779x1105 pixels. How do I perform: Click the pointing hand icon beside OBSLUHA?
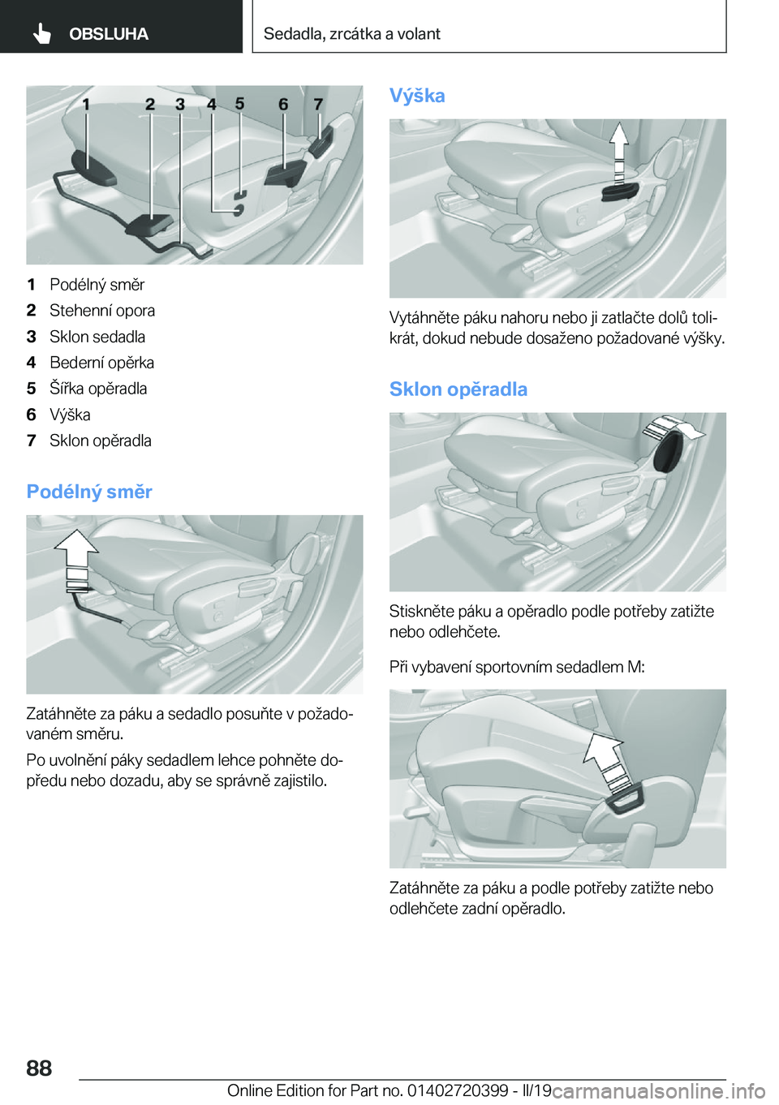(42, 33)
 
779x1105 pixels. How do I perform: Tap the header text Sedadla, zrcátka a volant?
(351, 34)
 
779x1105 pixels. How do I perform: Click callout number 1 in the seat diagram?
(86, 105)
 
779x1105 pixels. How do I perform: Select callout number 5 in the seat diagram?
(239, 103)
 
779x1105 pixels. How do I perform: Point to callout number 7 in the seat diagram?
(318, 105)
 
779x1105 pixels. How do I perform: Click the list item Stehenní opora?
(102, 311)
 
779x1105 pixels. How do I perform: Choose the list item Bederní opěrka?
(101, 363)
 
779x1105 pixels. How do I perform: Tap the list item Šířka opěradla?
(98, 389)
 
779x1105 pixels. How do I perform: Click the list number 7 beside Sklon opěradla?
(32, 441)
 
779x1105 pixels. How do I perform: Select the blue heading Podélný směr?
(89, 492)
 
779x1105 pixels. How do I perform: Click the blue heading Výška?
(417, 96)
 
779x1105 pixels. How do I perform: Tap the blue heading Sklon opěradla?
(458, 389)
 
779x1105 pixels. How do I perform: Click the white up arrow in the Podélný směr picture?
(77, 553)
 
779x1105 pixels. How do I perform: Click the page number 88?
(39, 1068)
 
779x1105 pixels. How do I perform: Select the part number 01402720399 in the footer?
(458, 1090)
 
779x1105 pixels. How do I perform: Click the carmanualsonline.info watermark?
(659, 1091)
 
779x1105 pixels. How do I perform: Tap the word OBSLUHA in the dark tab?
(109, 34)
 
